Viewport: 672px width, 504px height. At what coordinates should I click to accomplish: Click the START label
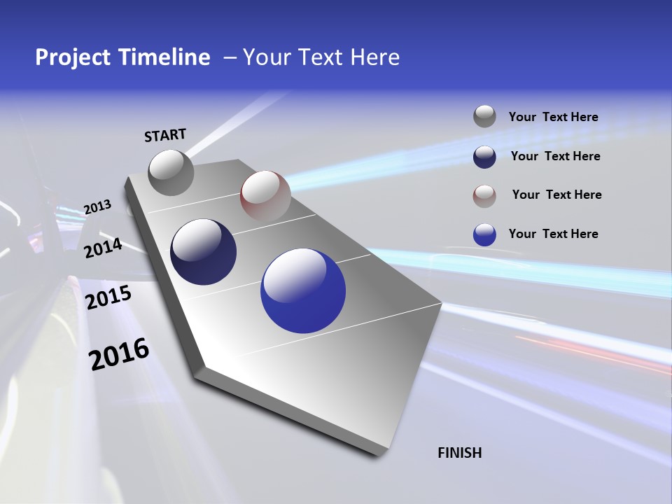[165, 135]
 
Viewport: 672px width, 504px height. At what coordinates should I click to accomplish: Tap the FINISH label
[459, 453]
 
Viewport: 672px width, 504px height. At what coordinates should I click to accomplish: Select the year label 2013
[97, 207]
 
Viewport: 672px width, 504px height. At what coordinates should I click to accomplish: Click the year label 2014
[104, 248]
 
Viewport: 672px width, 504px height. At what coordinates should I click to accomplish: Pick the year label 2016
[119, 354]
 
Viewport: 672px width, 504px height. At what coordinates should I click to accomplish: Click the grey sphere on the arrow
[171, 172]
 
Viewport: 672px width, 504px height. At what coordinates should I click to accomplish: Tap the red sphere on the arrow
[265, 195]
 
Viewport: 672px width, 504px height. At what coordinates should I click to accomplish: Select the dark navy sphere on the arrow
[203, 252]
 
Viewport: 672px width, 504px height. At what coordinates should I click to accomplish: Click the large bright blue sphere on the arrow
[302, 290]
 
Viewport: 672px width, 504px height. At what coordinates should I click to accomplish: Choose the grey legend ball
[484, 117]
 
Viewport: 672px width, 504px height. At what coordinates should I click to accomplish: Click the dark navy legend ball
[484, 156]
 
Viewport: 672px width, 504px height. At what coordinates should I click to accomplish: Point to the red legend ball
[484, 195]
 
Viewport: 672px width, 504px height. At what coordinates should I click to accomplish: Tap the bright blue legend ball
[484, 234]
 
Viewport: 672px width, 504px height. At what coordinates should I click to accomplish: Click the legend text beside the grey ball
[553, 117]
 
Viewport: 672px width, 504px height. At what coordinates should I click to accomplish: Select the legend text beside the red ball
[556, 195]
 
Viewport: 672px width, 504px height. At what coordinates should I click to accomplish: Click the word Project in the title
[73, 57]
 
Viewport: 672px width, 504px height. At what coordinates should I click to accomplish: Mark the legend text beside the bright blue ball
[553, 234]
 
